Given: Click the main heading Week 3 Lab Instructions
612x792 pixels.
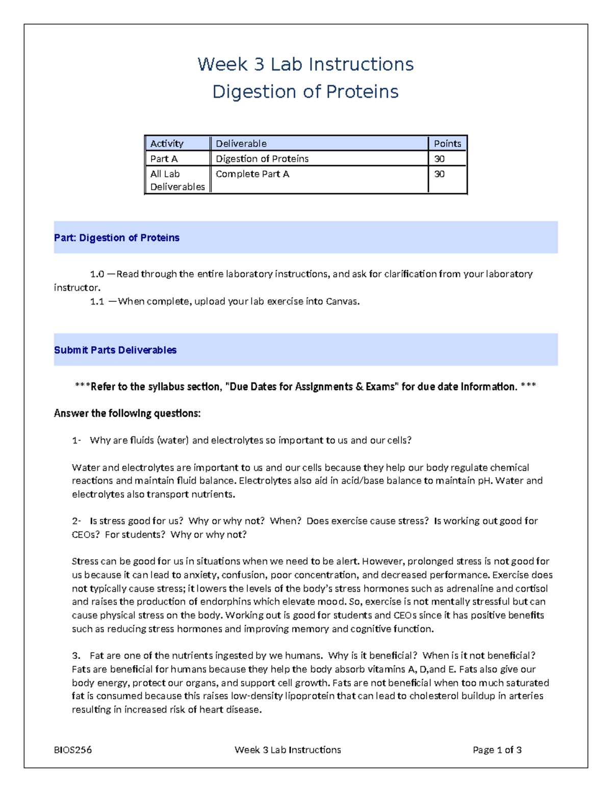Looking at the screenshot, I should tap(305, 65).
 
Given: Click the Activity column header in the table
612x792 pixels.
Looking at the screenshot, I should tap(167, 144).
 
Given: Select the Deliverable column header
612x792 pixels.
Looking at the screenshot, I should tap(241, 144).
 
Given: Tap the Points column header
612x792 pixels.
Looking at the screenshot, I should tap(447, 144).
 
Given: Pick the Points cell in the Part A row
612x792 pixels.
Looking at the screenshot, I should tap(439, 159).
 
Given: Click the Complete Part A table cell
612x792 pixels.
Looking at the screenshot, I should tap(252, 174).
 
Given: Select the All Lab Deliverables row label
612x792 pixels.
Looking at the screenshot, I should tap(177, 181).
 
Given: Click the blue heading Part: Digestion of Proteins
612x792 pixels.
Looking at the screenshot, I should tap(117, 238).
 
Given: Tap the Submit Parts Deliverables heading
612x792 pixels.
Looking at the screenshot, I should tap(115, 350).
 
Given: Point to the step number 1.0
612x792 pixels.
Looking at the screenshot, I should tap(97, 274).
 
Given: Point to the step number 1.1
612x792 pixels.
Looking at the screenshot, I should tap(97, 301).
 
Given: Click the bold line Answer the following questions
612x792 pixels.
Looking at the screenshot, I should tap(127, 414).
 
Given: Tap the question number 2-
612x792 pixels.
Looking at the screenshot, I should tap(76, 521).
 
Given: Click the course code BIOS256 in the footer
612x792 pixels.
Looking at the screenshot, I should tap(73, 750).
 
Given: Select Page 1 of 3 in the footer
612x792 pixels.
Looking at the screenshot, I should tap(497, 750).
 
